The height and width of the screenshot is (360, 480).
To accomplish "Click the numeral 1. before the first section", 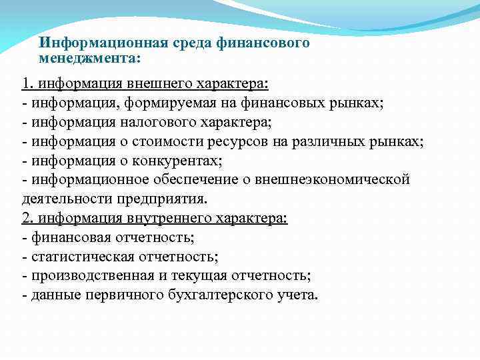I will point(28,85).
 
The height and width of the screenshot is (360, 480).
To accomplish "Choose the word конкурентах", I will point(165,161).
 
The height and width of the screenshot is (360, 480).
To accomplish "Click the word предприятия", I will point(169,199).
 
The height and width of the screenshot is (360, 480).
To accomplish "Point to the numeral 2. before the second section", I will point(28,218).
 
